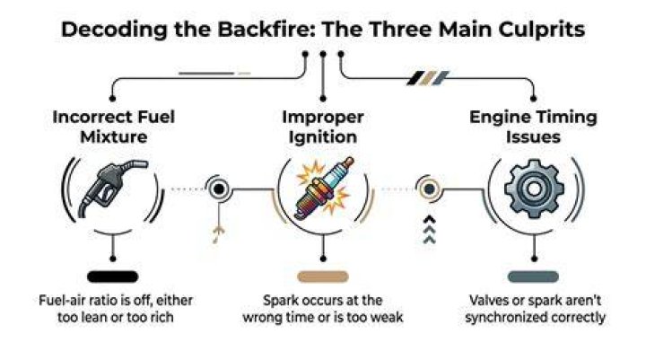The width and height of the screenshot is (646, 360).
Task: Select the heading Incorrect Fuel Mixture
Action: point(114,127)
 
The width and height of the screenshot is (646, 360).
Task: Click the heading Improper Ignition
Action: point(323,127)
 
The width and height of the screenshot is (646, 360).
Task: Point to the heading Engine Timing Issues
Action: point(533,127)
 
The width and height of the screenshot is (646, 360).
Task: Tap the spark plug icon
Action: point(324,188)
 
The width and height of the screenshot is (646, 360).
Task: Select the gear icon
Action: point(535,189)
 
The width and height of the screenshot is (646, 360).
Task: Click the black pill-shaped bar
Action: point(112,277)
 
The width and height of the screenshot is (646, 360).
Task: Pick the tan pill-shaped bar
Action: point(323,277)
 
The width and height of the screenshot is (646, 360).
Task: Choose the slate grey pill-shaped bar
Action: point(534,277)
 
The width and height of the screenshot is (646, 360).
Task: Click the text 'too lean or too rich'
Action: point(116,317)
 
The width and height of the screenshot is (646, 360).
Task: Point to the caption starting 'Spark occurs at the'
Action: point(323,309)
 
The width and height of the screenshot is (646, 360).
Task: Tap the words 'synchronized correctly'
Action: point(535,317)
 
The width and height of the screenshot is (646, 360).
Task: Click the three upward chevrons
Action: point(429,229)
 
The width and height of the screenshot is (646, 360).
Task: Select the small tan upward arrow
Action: point(218,233)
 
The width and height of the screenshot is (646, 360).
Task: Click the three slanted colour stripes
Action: point(428,78)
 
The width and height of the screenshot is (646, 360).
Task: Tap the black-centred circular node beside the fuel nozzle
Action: point(219,189)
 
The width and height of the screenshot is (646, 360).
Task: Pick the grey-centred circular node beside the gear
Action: point(429,189)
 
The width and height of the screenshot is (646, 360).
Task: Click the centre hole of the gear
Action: point(535,189)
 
